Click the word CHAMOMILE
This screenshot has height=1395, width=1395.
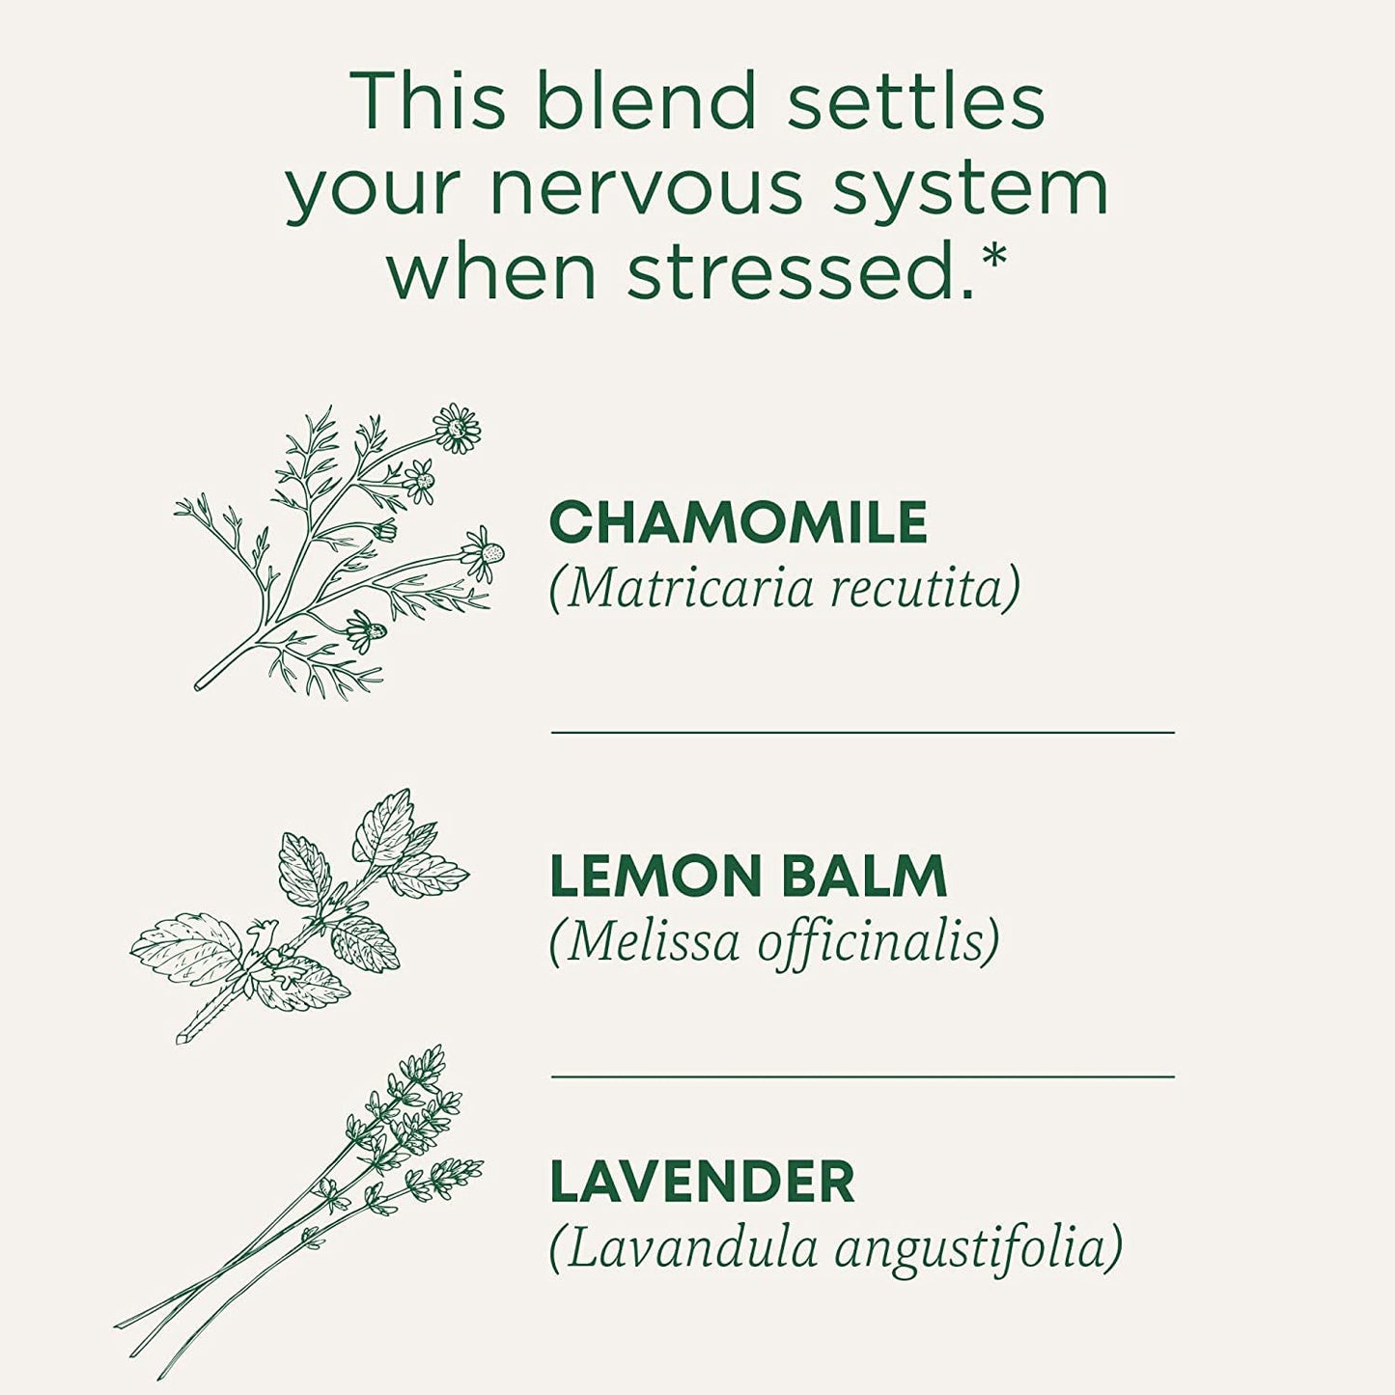point(738,522)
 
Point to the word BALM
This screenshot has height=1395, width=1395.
point(863,877)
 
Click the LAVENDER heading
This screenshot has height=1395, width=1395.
point(702,1182)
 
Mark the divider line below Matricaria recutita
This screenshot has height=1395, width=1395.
point(862,733)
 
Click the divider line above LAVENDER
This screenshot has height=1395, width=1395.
point(862,1075)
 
